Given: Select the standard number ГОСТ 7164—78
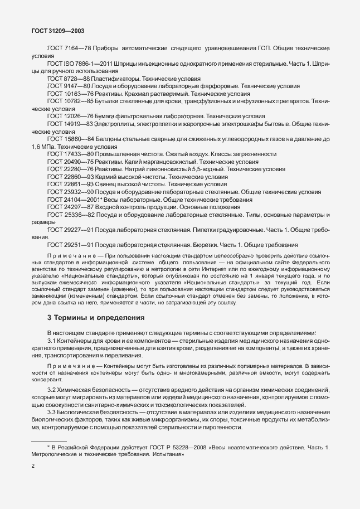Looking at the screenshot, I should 69,49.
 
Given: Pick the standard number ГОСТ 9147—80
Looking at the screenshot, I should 69,87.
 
